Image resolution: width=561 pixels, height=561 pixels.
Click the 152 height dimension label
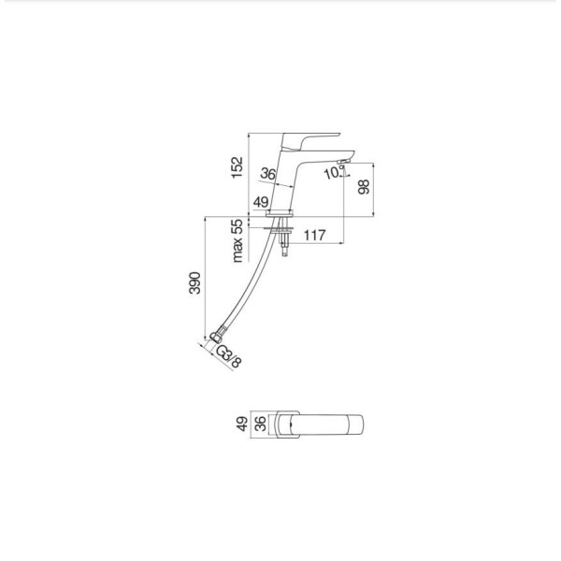click(237, 167)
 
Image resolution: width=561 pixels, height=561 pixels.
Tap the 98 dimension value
click(364, 187)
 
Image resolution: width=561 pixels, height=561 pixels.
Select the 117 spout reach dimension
click(315, 235)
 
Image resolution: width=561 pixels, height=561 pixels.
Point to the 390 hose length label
click(195, 283)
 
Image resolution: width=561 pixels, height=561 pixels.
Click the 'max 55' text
click(237, 241)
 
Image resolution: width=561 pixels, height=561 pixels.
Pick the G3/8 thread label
click(229, 357)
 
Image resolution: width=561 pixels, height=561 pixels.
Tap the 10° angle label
click(333, 173)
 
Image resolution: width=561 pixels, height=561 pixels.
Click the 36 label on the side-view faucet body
click(268, 174)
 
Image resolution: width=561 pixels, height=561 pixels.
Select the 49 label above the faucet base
click(261, 202)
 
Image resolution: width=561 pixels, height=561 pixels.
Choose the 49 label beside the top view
click(242, 424)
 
